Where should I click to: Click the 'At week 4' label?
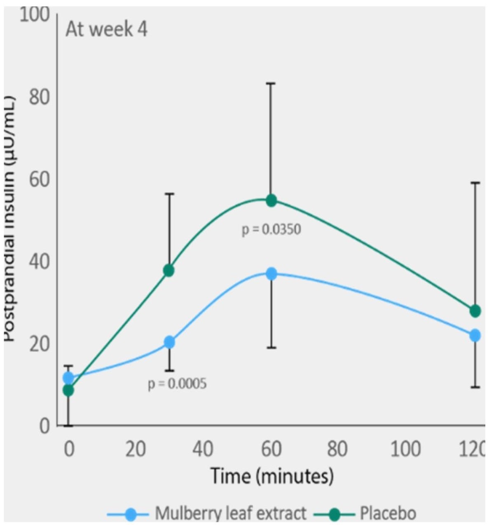click(x=106, y=31)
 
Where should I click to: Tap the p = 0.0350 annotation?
click(x=271, y=229)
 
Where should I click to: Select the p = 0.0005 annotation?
click(x=177, y=384)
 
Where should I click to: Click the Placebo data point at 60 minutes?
click(x=271, y=200)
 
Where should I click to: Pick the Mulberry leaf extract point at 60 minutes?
click(x=271, y=274)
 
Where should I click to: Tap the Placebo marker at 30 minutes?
click(x=169, y=271)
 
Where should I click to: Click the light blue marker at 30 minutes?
click(x=169, y=342)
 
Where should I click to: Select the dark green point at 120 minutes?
click(x=475, y=311)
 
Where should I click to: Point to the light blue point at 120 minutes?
click(x=475, y=335)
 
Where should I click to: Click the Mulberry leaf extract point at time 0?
click(x=68, y=377)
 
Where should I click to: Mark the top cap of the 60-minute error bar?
click(x=271, y=83)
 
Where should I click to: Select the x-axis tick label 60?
click(x=271, y=449)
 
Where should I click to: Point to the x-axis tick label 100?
click(x=405, y=449)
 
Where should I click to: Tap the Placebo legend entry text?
click(x=388, y=514)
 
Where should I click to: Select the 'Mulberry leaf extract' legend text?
click(x=231, y=514)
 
